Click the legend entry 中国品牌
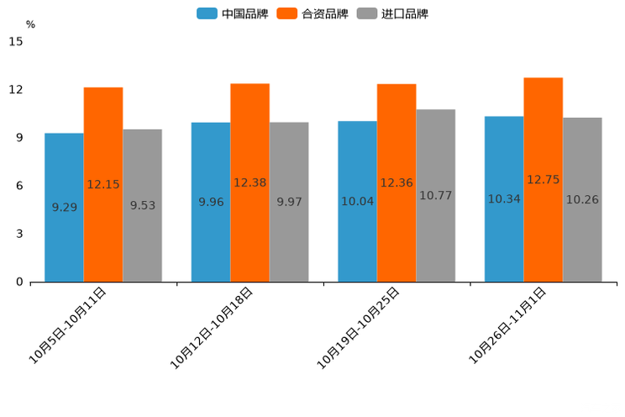pyautogui.click(x=233, y=13)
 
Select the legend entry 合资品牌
pyautogui.click(x=312, y=13)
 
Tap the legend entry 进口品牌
pyautogui.click(x=392, y=13)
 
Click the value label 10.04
pyautogui.click(x=357, y=202)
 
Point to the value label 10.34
pyautogui.click(x=504, y=199)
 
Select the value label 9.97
pyautogui.click(x=289, y=202)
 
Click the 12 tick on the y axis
pyautogui.click(x=17, y=90)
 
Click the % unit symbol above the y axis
pyautogui.click(x=30, y=25)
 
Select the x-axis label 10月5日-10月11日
pyautogui.click(x=69, y=325)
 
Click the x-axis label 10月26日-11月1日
pyautogui.click(x=507, y=325)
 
